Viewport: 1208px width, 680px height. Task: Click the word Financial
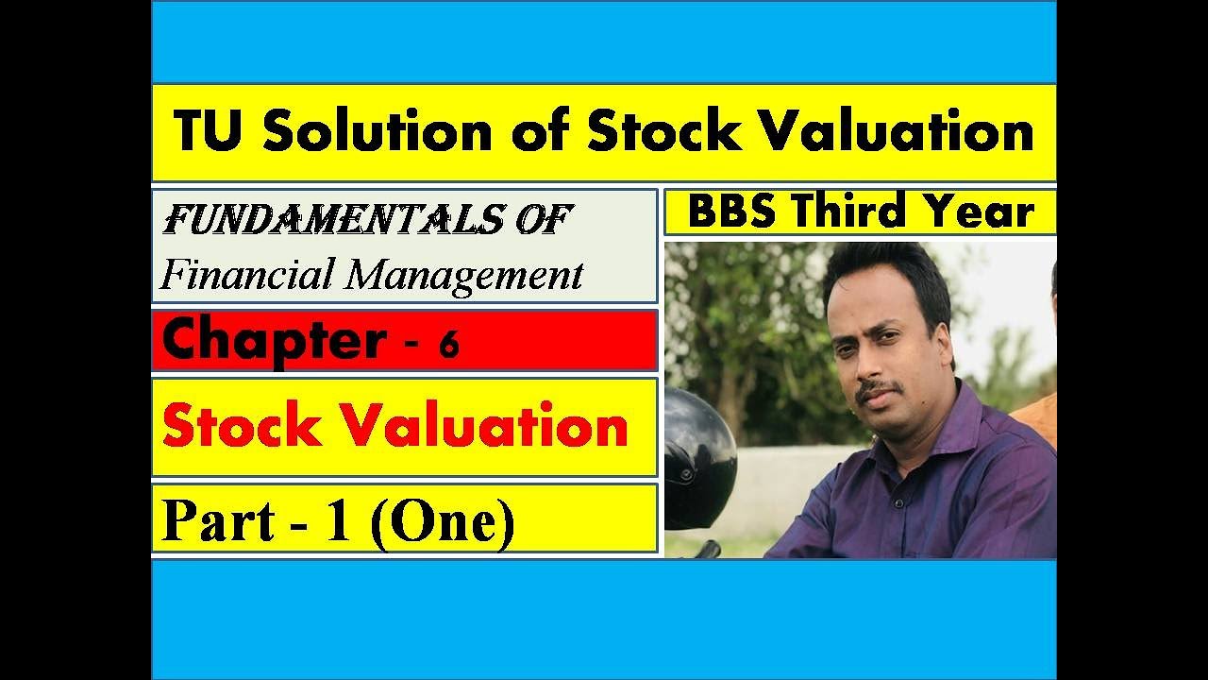tap(247, 275)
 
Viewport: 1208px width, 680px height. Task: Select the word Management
tap(463, 276)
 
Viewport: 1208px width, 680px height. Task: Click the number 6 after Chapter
tap(448, 346)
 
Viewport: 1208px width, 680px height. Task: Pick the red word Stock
tap(241, 427)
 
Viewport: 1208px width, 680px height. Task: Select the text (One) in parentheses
tap(442, 521)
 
